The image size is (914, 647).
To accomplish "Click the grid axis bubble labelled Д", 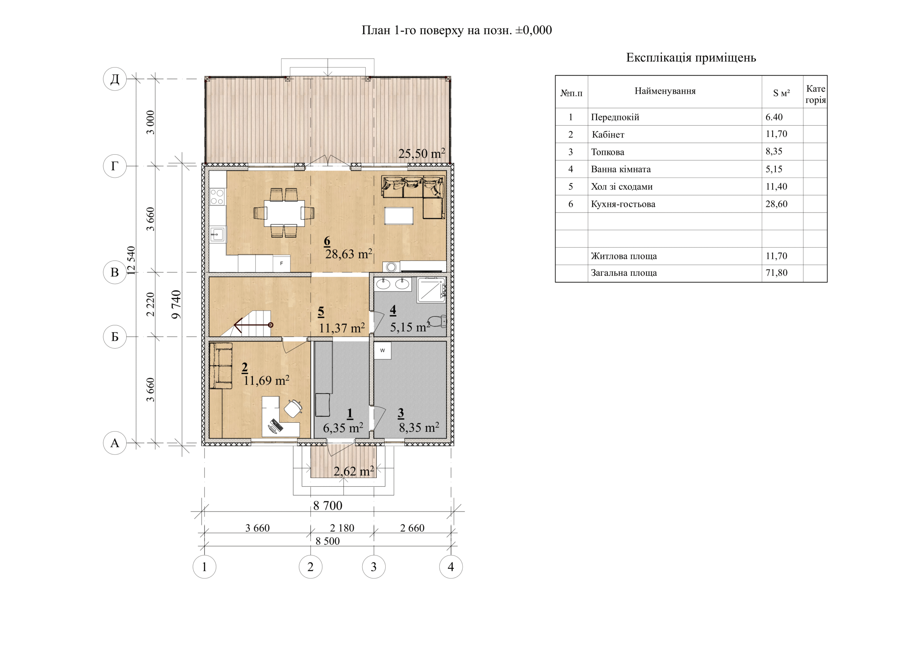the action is (115, 79).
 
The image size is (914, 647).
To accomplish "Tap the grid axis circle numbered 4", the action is (451, 567).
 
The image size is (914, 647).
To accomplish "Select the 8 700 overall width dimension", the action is (328, 506).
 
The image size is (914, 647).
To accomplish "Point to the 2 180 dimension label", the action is (342, 528).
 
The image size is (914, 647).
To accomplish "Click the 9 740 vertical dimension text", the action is (176, 304).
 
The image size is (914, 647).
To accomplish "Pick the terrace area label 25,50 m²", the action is (422, 153).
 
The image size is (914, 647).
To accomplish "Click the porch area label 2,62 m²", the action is (353, 471).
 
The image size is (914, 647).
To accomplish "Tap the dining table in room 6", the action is (284, 213).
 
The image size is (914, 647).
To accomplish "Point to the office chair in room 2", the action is (293, 408).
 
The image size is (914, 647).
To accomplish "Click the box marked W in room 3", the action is (382, 350).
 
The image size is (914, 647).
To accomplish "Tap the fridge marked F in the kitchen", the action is (281, 263).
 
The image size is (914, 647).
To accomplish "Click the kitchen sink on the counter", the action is (217, 234).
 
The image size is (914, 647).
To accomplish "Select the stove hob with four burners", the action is (217, 196).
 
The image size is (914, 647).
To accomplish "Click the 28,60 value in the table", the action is (776, 204).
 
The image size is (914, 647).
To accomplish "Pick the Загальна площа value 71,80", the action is (776, 273).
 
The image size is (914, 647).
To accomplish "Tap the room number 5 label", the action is (321, 312).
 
